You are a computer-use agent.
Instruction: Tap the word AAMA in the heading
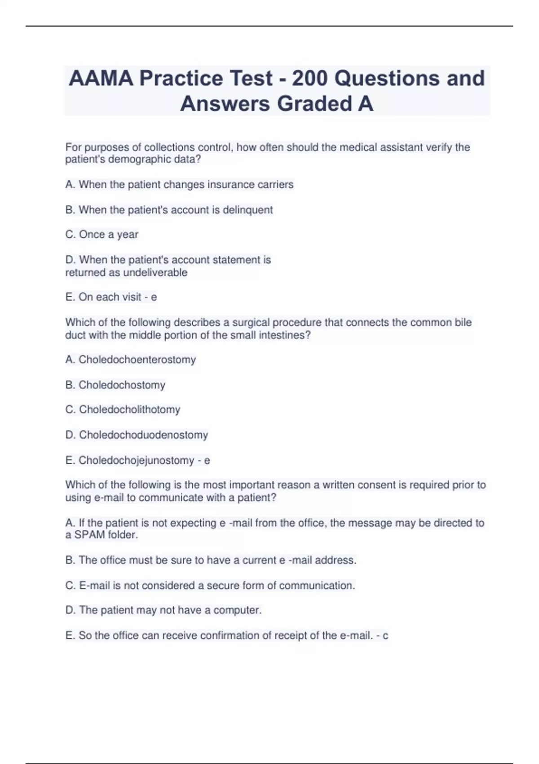101,78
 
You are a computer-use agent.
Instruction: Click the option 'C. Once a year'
102,235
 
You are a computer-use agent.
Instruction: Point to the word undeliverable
155,273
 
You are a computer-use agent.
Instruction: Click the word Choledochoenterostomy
137,360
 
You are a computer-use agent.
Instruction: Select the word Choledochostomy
122,385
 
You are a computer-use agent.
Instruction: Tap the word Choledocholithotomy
129,410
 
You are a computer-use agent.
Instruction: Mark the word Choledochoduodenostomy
143,435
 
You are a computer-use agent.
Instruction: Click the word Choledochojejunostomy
136,461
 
